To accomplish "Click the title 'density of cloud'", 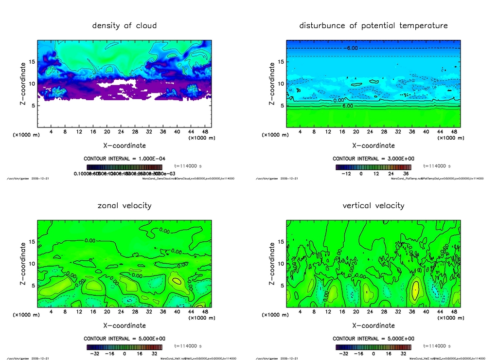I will (x=124, y=25).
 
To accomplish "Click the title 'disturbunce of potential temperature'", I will (x=373, y=25).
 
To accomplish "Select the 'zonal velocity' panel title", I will (x=124, y=205).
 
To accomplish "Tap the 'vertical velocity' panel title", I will (x=373, y=205).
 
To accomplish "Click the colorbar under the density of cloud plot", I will (x=124, y=167).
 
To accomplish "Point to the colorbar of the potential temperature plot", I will (x=373, y=167).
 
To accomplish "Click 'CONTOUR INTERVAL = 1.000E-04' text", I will (x=124, y=159).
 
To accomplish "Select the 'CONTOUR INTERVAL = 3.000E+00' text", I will (x=373, y=159).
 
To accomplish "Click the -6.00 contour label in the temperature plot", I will (x=352, y=48).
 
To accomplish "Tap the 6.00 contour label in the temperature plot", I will (x=347, y=106).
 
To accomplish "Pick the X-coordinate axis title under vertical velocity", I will (x=373, y=325).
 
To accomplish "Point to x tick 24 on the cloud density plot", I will (x=121, y=132).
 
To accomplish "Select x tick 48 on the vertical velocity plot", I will (x=453, y=312).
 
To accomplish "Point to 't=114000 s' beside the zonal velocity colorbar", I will (x=188, y=346).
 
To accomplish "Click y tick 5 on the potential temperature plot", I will (x=281, y=106).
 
